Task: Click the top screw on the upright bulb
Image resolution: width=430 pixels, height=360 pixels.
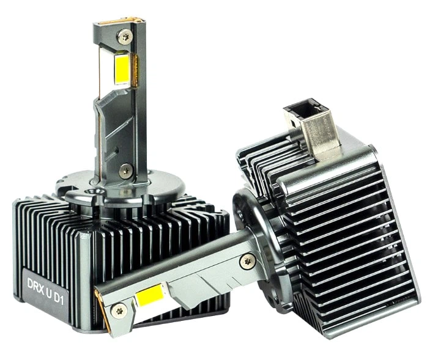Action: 125,36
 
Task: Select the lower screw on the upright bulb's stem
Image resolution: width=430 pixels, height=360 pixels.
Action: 125,171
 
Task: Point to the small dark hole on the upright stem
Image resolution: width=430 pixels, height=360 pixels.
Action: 117,150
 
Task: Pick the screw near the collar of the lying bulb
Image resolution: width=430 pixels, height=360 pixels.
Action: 248,262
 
